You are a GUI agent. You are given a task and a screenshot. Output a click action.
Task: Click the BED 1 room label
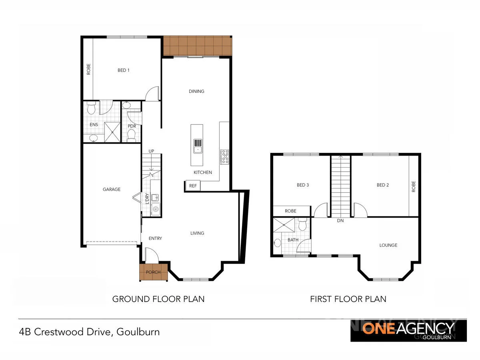[x=124, y=70]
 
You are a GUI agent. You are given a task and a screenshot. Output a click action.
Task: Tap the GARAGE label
[x=111, y=189]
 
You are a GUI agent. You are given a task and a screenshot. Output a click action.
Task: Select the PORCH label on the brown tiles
[x=153, y=272]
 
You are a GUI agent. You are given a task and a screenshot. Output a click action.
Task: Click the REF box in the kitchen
[x=193, y=186]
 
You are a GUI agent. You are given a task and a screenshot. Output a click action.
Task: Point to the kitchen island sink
[x=198, y=146]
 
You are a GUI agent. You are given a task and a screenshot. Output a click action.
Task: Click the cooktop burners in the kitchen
[x=224, y=156]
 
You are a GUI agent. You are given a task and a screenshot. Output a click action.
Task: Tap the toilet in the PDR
[x=131, y=135]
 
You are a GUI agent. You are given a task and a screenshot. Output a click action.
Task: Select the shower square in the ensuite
[x=112, y=132]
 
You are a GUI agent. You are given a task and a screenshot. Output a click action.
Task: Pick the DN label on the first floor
[x=340, y=220]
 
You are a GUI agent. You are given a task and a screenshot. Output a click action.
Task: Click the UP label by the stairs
[x=151, y=151]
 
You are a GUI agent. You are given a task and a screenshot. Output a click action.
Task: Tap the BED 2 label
[x=383, y=185]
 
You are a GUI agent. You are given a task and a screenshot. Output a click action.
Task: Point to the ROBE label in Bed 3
[x=291, y=211]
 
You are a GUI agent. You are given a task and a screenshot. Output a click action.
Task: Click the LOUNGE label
[x=388, y=245]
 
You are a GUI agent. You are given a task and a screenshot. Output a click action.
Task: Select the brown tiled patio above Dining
[x=197, y=46]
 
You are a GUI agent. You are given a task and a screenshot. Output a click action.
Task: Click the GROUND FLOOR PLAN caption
[x=158, y=299]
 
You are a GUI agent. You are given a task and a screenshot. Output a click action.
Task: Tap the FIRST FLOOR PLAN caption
[x=348, y=299]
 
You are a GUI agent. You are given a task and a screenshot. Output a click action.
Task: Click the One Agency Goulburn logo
[x=408, y=330]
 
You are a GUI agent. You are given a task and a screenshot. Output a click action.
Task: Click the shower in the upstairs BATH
[x=284, y=225]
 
